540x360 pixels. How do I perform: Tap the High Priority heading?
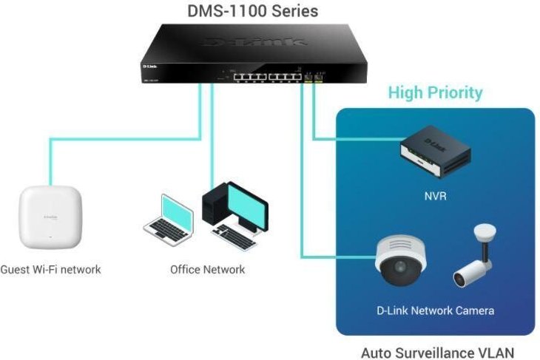[435, 92]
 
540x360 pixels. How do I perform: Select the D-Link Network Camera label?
[434, 310]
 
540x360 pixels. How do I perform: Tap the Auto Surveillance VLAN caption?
[436, 353]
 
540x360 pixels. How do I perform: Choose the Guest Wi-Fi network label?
[50, 269]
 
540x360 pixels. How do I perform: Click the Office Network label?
[207, 269]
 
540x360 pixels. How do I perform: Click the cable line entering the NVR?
[355, 139]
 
